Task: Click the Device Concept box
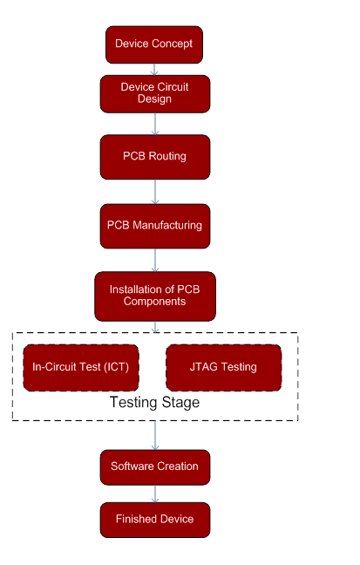point(154,44)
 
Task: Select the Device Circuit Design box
point(155,94)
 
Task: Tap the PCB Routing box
point(155,157)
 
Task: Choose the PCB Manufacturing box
point(155,227)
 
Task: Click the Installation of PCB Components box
point(155,296)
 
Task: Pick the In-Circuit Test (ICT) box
point(81,368)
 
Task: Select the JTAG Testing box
point(224,368)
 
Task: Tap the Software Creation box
point(155,467)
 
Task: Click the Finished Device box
point(155,520)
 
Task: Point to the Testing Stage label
point(154,403)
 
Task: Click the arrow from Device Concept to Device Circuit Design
point(154,70)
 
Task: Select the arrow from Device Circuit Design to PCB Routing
point(155,124)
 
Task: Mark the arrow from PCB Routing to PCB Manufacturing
point(155,192)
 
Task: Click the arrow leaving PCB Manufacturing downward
point(155,260)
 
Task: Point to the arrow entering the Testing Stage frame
point(155,327)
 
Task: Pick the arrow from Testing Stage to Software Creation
point(155,435)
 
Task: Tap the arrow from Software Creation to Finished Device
point(155,494)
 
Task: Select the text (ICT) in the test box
point(117,367)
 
